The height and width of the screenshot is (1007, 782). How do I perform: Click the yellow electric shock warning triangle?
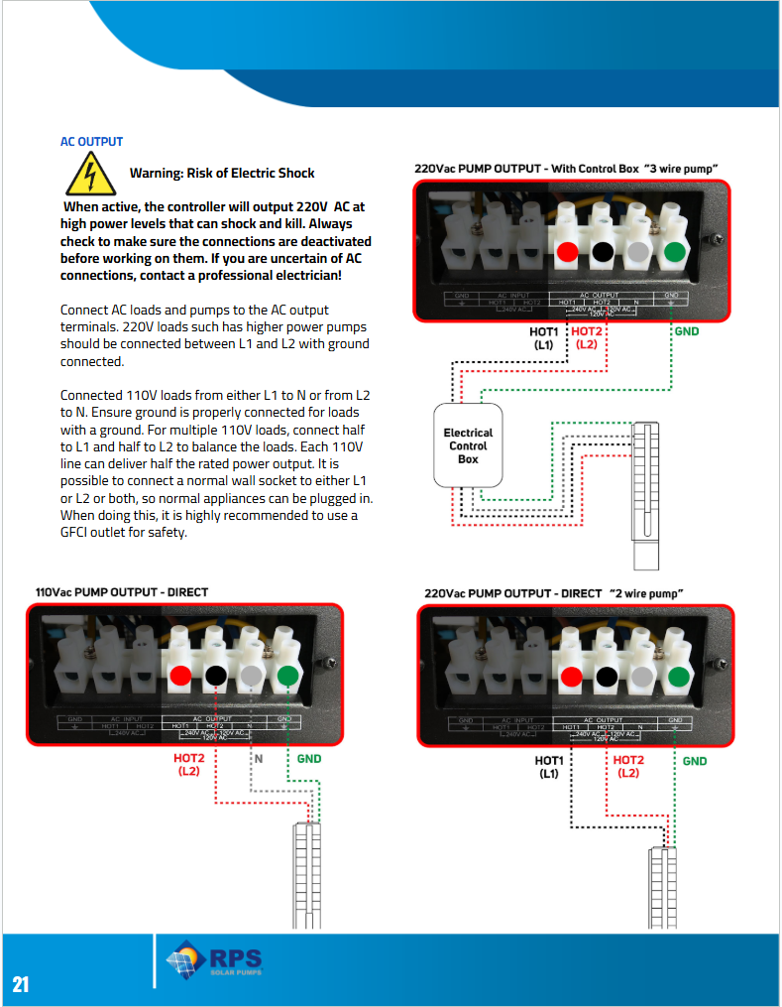click(x=90, y=175)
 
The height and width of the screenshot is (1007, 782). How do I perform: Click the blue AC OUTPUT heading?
click(x=91, y=142)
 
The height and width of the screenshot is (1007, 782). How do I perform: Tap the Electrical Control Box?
click(x=468, y=445)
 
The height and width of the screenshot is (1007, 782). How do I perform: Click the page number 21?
click(x=21, y=983)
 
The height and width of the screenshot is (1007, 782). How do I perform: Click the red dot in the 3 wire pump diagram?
click(x=566, y=251)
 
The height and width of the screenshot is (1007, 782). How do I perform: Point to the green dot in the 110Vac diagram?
click(x=287, y=677)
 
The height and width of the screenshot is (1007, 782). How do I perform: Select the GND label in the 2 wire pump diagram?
click(x=695, y=761)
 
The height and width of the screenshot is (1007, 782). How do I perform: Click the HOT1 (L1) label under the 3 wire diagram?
click(x=544, y=338)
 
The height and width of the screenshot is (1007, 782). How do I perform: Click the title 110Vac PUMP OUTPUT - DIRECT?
click(x=122, y=592)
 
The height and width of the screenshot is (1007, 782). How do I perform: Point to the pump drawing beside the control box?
click(x=645, y=493)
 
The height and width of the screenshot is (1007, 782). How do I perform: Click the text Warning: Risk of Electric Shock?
click(x=222, y=173)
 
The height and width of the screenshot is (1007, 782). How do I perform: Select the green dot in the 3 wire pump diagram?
click(x=675, y=251)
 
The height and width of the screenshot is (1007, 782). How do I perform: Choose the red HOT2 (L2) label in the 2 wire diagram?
click(x=628, y=766)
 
